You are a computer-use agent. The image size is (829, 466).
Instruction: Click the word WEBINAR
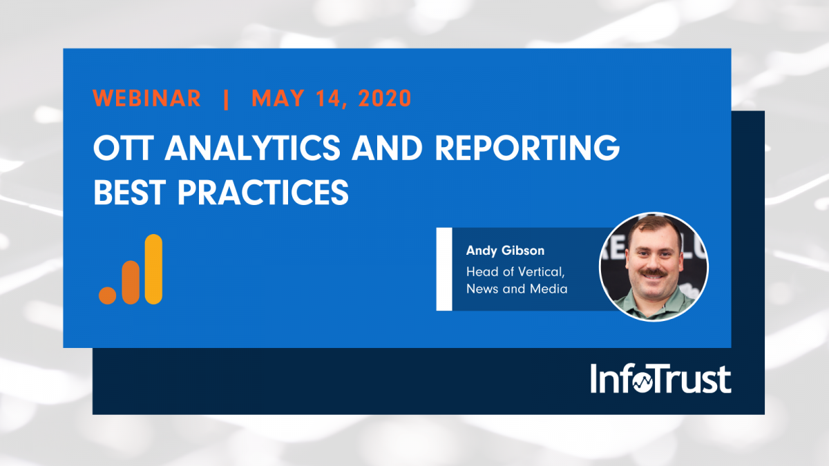click(x=147, y=98)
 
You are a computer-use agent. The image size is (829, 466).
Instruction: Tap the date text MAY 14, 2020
click(x=332, y=98)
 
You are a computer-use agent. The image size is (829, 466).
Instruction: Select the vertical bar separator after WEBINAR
click(x=227, y=98)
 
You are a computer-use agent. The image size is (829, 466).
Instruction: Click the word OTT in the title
click(x=122, y=148)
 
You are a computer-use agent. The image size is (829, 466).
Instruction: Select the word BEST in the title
click(x=131, y=193)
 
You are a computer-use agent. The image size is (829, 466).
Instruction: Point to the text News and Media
click(x=517, y=289)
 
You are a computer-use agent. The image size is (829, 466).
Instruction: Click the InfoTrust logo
click(x=660, y=379)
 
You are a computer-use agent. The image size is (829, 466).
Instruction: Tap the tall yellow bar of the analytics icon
click(x=153, y=269)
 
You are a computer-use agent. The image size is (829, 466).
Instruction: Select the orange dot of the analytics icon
click(x=108, y=294)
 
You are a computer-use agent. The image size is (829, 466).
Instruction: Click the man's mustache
click(x=654, y=273)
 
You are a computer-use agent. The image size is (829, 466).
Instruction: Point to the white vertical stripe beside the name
click(x=444, y=269)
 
